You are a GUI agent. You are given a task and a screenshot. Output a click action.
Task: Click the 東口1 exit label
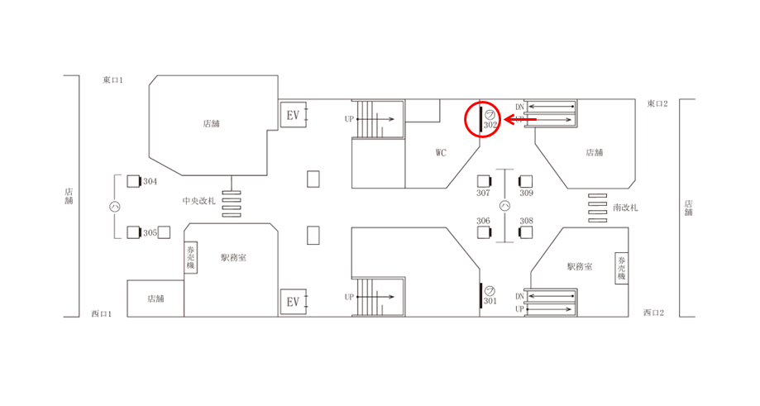pos(112,80)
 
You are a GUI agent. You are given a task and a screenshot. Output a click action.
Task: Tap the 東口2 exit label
pos(657,103)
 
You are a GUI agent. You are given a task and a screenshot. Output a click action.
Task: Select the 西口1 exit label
pos(101,313)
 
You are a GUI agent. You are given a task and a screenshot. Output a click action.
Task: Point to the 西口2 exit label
pos(653,313)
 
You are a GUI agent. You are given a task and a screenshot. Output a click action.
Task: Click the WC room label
pos(441,153)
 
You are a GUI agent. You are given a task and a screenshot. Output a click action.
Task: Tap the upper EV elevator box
pos(294,115)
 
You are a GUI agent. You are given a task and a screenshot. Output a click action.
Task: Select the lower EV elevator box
pos(294,302)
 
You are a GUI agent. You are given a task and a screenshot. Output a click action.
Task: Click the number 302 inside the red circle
pos(490,125)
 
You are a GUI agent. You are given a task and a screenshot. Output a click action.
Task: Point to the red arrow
pos(520,119)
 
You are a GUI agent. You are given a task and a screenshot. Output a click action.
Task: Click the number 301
pos(490,301)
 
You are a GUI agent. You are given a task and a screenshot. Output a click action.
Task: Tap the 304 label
pos(150,181)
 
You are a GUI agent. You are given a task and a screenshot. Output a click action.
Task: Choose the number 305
pos(150,232)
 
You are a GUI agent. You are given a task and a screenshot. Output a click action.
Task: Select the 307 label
pos(483,193)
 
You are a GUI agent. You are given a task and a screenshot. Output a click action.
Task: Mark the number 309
pos(527,193)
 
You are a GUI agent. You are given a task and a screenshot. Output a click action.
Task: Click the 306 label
pos(483,221)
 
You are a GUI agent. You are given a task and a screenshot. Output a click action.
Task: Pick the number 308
pos(527,221)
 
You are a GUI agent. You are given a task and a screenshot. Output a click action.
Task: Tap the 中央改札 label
pos(198,201)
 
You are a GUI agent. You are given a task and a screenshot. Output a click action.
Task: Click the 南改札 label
pos(625,208)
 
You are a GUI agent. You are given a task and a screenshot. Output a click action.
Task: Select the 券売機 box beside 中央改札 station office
pos(190,258)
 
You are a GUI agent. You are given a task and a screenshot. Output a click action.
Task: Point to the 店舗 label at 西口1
pos(155,299)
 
